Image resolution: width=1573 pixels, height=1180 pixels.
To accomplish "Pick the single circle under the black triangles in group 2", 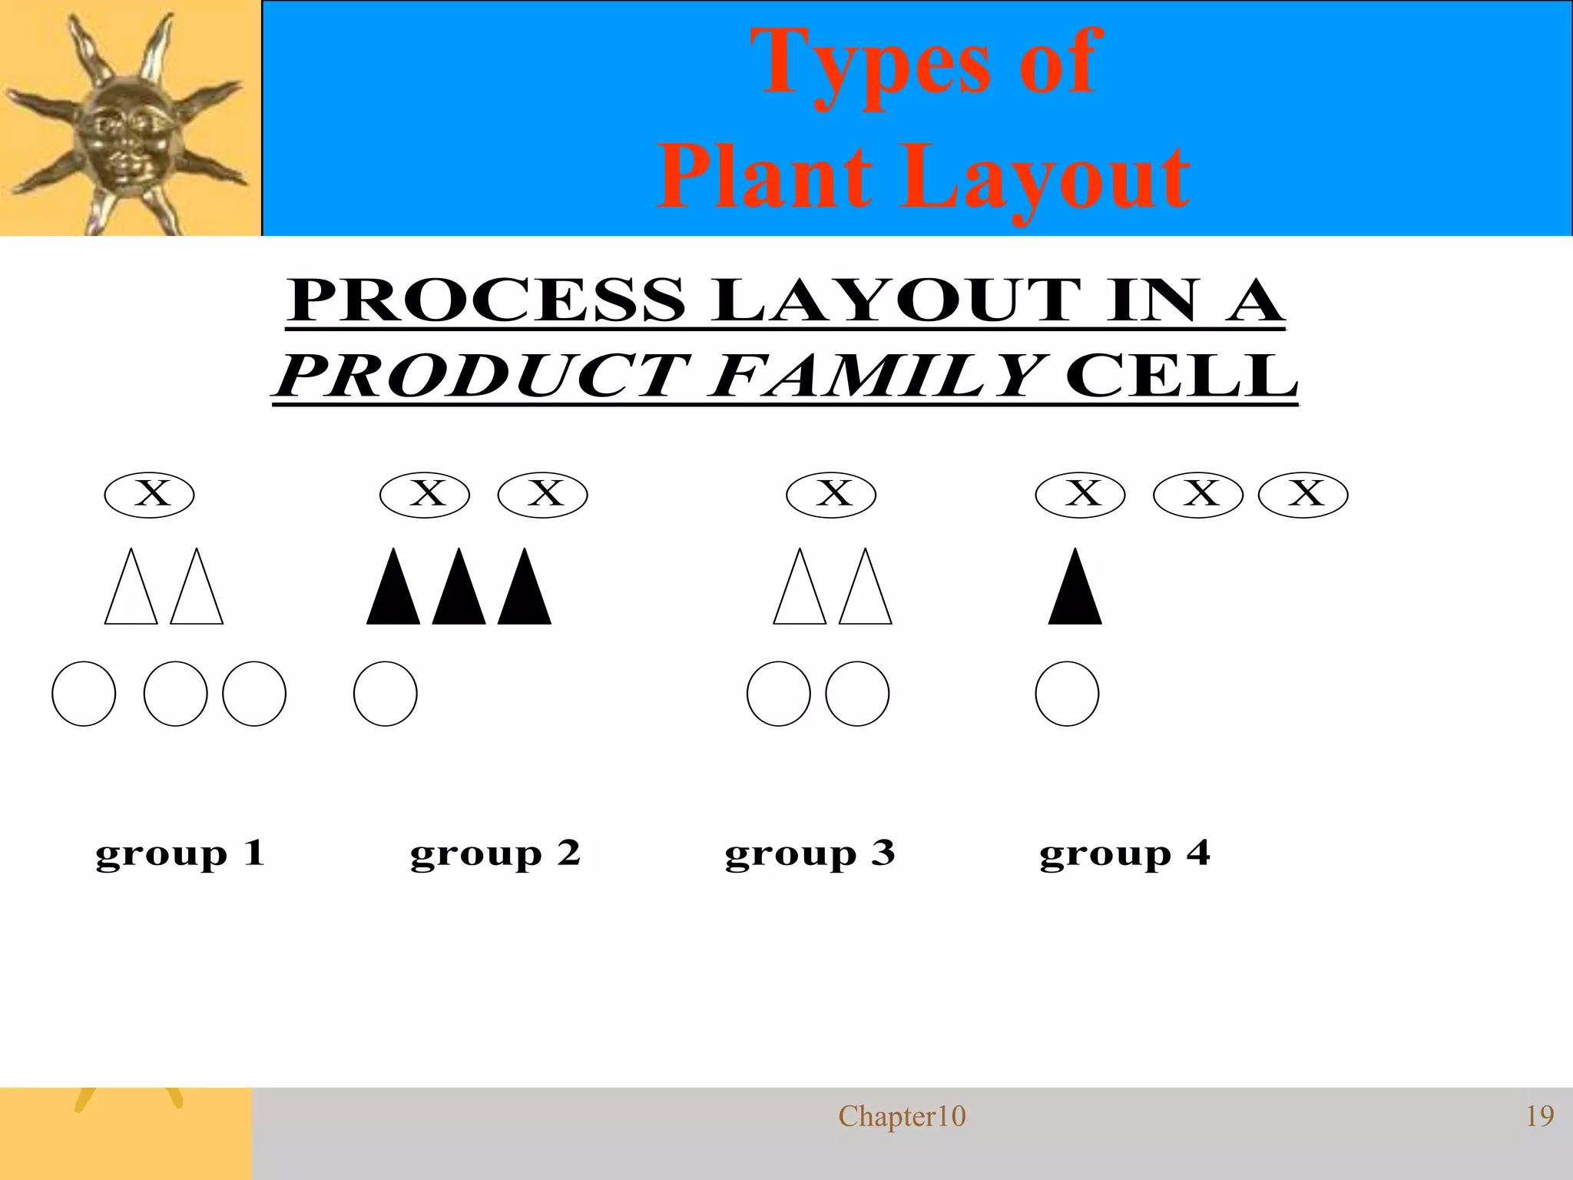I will [386, 694].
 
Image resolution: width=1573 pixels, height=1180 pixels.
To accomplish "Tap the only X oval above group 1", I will [150, 495].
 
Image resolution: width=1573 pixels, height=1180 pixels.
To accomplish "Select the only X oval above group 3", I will [831, 495].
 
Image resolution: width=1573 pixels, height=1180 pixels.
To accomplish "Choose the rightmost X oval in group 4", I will [1303, 495].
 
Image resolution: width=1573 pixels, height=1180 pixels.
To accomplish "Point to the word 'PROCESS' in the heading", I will [487, 301].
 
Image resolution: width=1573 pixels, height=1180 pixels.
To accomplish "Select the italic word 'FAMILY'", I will [876, 376].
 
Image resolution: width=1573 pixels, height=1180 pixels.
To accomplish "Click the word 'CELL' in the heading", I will [1181, 376].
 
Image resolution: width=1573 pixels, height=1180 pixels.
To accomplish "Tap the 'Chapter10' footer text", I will [902, 1116].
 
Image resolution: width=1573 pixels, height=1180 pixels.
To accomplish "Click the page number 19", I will [1539, 1116].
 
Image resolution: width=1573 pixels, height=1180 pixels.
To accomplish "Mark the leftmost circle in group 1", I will [84, 694].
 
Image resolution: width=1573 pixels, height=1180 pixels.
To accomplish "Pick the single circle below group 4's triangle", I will [1067, 694].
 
